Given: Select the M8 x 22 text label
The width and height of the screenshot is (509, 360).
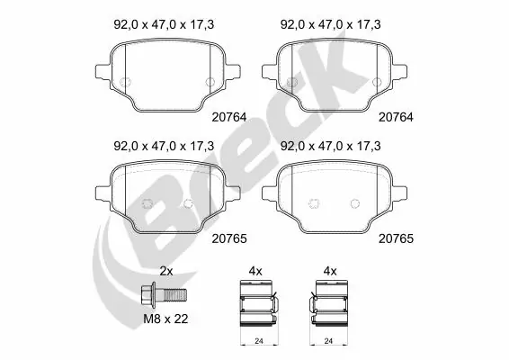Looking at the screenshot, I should point(166,319).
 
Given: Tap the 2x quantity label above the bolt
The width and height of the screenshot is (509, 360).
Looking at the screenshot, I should point(165,271).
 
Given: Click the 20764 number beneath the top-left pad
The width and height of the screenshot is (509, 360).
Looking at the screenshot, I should point(229,116).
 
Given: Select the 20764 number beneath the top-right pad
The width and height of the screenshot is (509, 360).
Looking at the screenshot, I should point(396,116).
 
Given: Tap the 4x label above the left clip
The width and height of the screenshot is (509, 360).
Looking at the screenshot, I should point(254,271).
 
